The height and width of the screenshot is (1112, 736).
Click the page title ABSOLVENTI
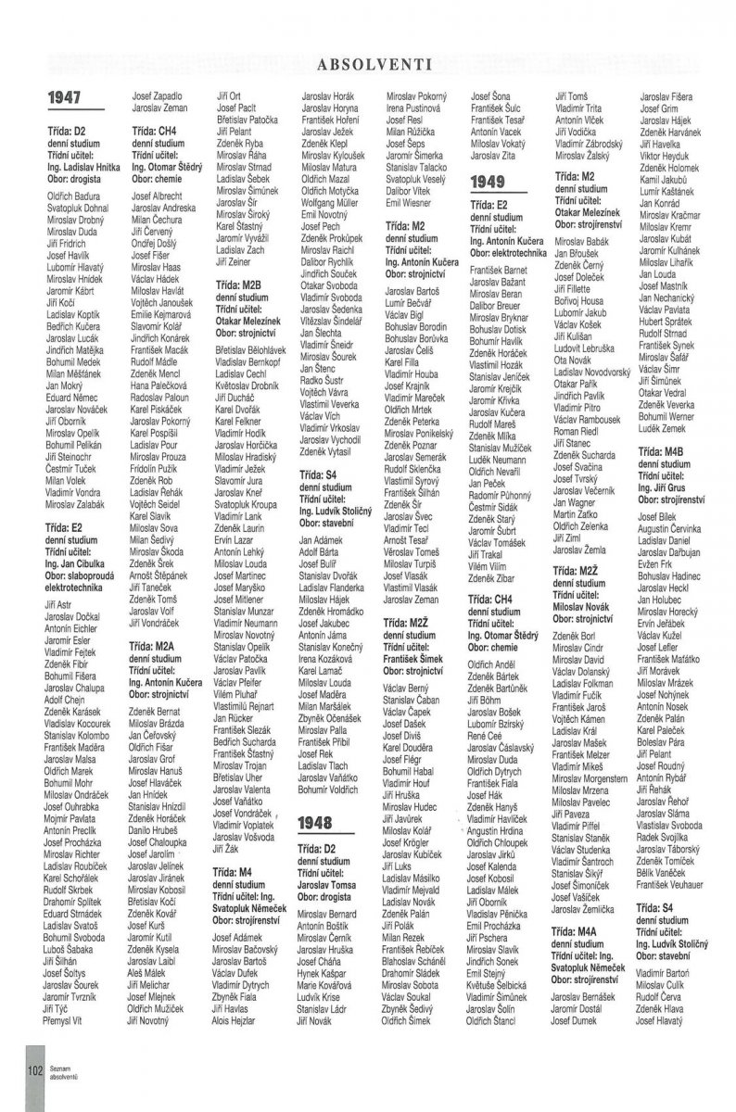point(370,64)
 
